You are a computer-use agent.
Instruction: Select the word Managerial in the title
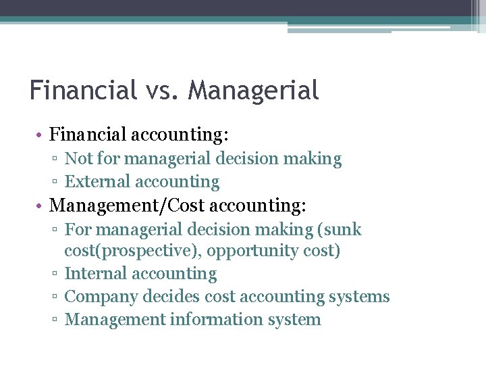click(253, 91)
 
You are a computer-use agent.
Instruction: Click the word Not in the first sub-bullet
click(78, 160)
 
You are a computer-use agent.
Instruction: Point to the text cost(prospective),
click(133, 251)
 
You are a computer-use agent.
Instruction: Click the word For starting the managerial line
click(78, 230)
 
